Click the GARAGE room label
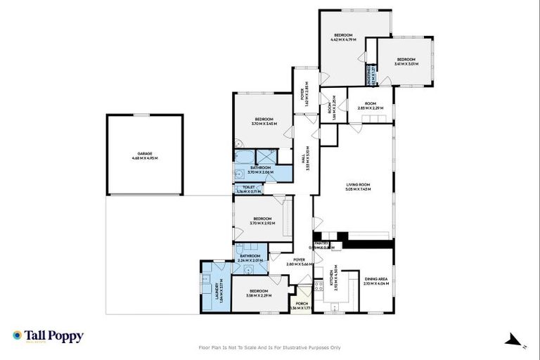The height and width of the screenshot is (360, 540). click(145, 154)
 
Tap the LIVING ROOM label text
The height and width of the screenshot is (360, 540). click(358, 185)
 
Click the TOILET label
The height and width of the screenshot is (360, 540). click(247, 188)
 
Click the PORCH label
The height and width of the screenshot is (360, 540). click(302, 305)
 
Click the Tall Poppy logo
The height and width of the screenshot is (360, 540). click(48, 336)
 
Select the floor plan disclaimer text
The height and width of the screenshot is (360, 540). click(270, 347)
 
